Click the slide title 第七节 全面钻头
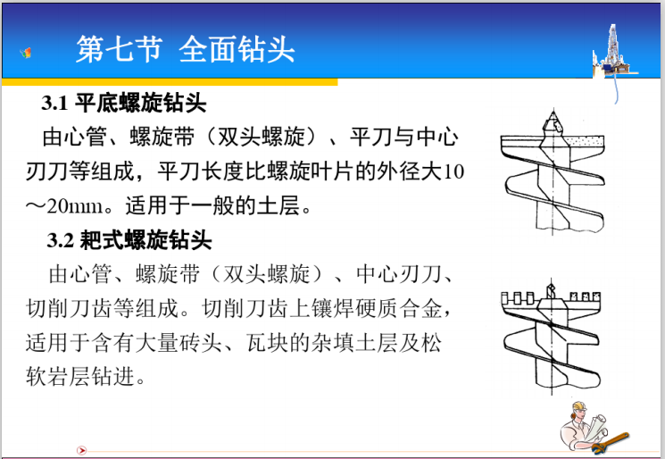(185, 48)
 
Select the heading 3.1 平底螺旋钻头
(124, 104)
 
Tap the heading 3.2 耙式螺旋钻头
(129, 240)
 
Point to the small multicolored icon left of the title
(29, 53)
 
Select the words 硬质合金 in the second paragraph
(396, 309)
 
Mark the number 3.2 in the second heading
(61, 241)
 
